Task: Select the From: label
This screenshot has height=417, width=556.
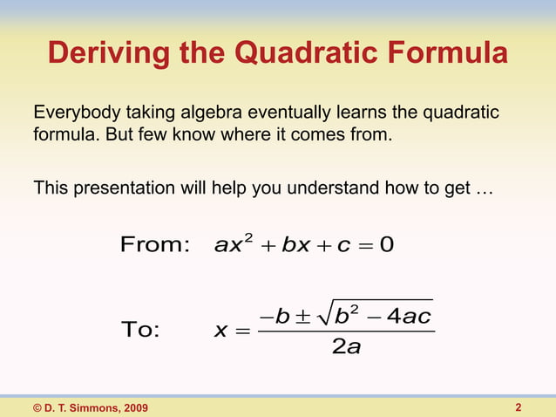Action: coord(154,245)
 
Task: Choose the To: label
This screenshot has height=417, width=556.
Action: coord(140,331)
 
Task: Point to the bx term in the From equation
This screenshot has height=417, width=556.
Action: coord(289,245)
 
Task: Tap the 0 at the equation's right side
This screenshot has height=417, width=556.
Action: coord(387,245)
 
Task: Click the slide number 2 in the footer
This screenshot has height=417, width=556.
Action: coord(519,407)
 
